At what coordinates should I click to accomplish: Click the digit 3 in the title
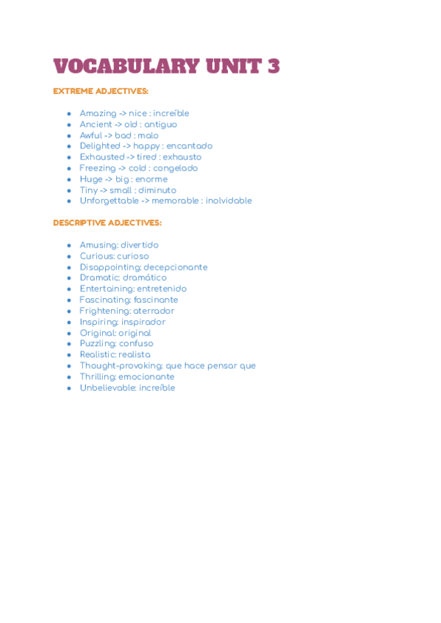point(273,66)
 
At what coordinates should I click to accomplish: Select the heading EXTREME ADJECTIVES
point(101,91)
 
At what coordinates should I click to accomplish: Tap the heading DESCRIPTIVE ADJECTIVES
point(107,223)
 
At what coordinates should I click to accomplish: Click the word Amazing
point(98,114)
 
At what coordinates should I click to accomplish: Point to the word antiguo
point(160,125)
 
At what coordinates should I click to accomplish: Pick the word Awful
point(92,136)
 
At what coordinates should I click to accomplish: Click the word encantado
point(189,146)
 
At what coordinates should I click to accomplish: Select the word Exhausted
point(102,157)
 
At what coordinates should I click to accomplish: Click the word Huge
point(91,179)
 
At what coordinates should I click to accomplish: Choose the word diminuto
point(157,190)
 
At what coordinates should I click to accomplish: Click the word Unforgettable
point(109,201)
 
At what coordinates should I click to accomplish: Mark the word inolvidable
point(229,201)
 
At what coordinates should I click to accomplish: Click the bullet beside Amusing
point(69,245)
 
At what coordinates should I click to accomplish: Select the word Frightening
point(104,311)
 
